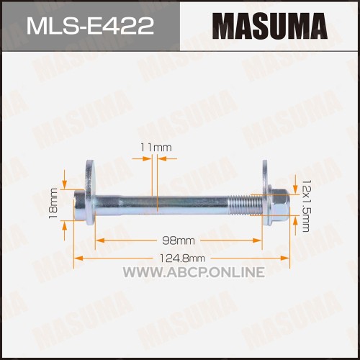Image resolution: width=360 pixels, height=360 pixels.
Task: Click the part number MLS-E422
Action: pyautogui.click(x=90, y=26)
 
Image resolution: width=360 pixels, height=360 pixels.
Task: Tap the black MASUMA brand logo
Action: pyautogui.click(x=270, y=26)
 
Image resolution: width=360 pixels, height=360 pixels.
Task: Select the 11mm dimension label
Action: pyautogui.click(x=156, y=148)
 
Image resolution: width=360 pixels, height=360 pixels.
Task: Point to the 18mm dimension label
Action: pyautogui.click(x=53, y=204)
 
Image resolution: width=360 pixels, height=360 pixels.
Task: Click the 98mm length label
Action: pyautogui.click(x=179, y=240)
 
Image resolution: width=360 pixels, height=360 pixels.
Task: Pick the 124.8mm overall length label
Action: pyautogui.click(x=182, y=258)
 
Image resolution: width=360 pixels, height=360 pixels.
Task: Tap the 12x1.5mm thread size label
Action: pyautogui.click(x=305, y=206)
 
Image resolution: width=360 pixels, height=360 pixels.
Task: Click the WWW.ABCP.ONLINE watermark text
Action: pyautogui.click(x=194, y=272)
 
